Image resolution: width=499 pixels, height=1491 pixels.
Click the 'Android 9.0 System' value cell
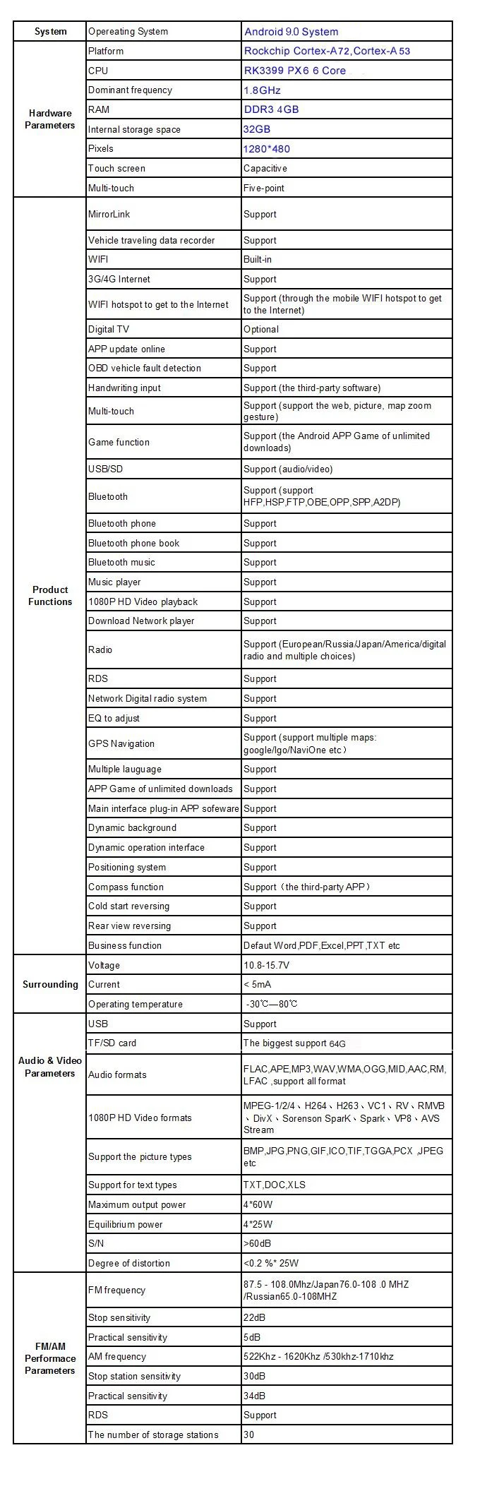click(291, 32)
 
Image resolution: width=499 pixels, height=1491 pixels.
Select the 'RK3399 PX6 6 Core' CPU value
click(294, 71)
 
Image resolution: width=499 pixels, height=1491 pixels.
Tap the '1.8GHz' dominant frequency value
click(262, 90)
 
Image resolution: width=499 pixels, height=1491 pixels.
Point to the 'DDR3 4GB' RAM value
click(271, 109)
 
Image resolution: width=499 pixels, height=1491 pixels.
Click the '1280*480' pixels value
click(266, 149)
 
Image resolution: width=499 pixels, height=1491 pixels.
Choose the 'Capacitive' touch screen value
click(265, 168)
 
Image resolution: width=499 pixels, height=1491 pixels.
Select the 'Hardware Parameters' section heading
click(50, 119)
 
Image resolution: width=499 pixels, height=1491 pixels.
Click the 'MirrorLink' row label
click(109, 214)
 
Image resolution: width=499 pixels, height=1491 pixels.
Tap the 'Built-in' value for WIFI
click(257, 259)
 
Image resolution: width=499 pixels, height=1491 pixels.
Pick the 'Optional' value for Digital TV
click(260, 329)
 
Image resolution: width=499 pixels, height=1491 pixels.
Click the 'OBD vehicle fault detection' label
click(144, 368)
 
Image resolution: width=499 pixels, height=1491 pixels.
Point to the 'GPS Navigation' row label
click(121, 743)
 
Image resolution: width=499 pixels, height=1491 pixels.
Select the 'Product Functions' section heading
click(50, 595)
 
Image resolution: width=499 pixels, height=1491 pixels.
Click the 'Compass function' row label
click(126, 887)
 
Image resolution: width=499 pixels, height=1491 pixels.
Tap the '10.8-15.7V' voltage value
click(266, 965)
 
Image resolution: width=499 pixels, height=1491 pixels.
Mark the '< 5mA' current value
click(257, 984)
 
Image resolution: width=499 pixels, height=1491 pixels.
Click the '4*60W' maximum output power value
click(258, 1204)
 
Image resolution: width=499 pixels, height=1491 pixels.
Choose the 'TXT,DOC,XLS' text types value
click(274, 1185)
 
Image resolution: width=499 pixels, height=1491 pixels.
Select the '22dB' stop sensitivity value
click(254, 1317)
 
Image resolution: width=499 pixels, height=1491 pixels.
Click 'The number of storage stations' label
click(153, 1435)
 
